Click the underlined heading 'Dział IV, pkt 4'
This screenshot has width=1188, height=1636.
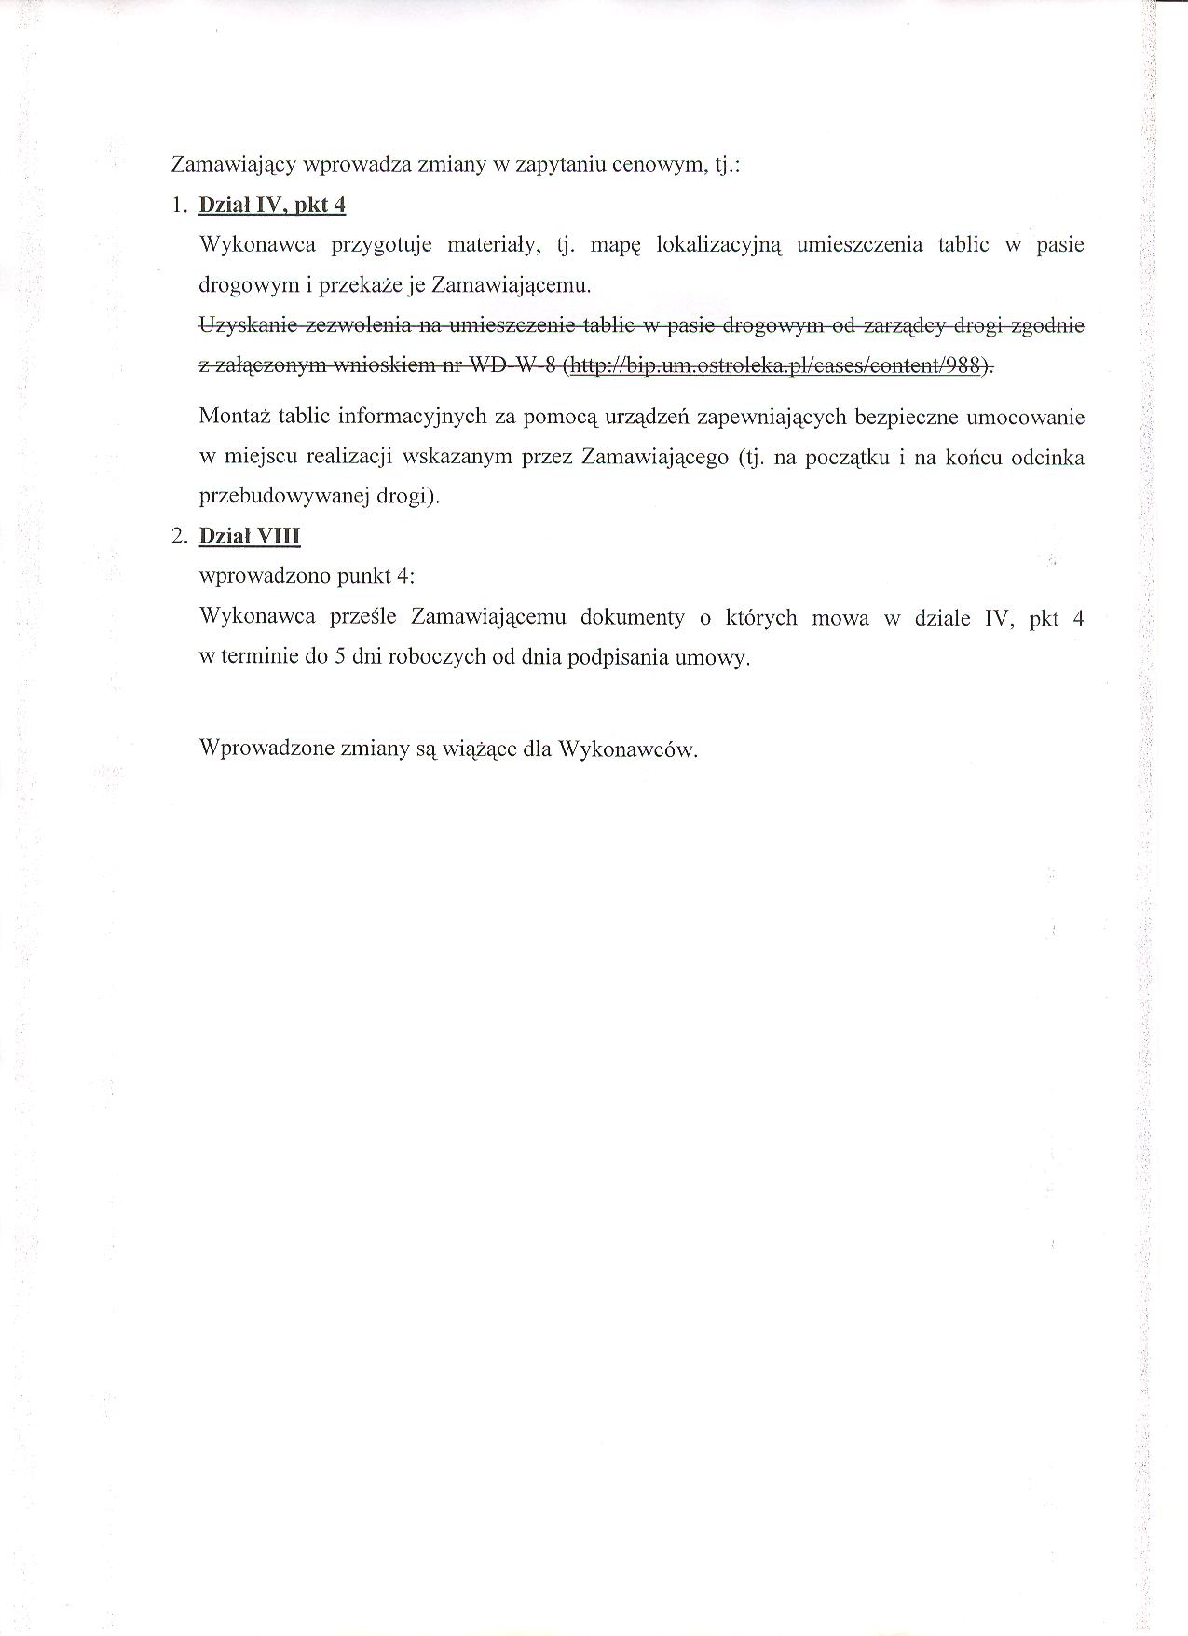tap(272, 205)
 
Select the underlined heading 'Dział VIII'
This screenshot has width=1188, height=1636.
tap(250, 536)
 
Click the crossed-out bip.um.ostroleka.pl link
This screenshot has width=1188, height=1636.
tap(776, 365)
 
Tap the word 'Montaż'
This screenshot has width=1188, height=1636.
tap(233, 416)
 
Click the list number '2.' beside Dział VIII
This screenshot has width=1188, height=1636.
tap(180, 536)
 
